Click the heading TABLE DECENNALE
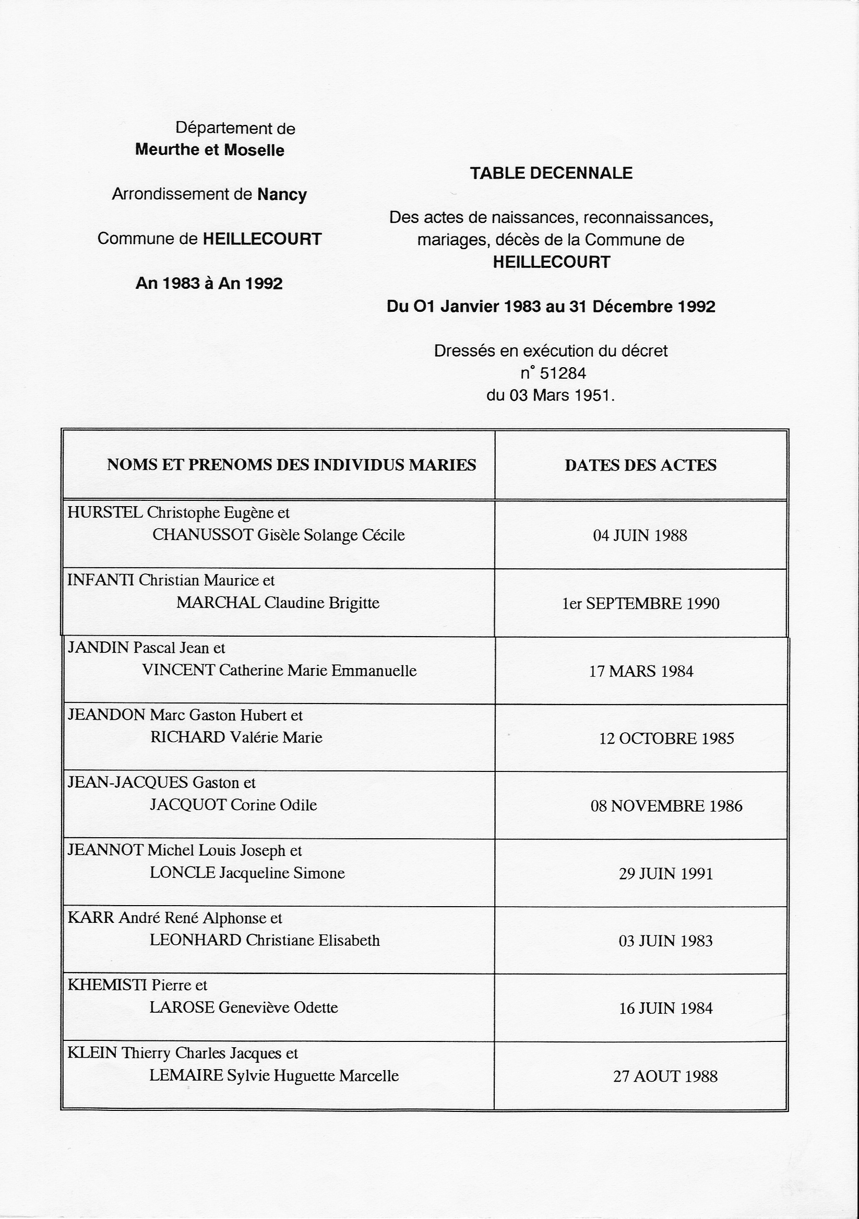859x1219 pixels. click(x=551, y=173)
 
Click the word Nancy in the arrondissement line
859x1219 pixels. click(x=282, y=194)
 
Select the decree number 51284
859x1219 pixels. click(x=563, y=373)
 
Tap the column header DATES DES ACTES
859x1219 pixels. click(x=640, y=465)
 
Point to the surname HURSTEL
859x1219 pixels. click(x=105, y=512)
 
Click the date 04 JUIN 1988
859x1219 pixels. click(x=640, y=535)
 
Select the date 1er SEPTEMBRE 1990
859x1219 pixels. click(x=640, y=604)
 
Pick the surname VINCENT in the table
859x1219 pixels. click(x=178, y=671)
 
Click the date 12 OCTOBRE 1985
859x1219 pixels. click(x=666, y=739)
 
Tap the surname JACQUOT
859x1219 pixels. click(x=188, y=805)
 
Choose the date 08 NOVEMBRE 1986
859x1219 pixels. click(x=666, y=806)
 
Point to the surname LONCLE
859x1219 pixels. click(x=183, y=873)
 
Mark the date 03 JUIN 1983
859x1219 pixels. click(x=665, y=941)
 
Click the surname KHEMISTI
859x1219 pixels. click(x=107, y=985)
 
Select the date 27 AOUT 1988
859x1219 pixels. click(x=665, y=1076)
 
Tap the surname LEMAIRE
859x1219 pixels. click(x=186, y=1076)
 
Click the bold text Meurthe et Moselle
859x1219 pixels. click(x=210, y=150)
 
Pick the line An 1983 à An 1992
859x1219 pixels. click(x=209, y=284)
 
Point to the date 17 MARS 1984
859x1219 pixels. click(x=641, y=672)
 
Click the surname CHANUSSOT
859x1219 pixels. click(x=202, y=535)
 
